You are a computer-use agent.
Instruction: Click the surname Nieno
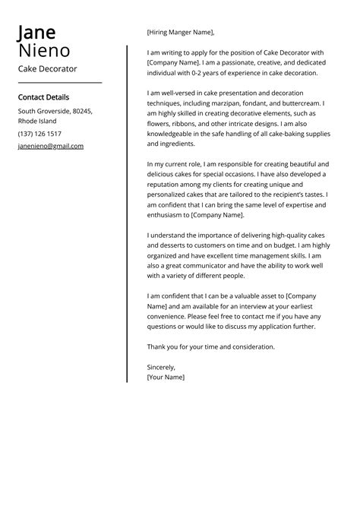click(44, 52)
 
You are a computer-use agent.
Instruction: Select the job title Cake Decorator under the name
click(47, 68)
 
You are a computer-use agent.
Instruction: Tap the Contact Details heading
click(43, 97)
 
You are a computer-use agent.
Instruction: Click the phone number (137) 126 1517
click(40, 134)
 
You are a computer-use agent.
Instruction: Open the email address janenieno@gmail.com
click(51, 146)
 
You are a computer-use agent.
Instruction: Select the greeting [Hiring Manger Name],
click(181, 33)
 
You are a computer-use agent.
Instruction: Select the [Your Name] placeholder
click(166, 376)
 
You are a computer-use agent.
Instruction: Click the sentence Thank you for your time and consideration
click(210, 346)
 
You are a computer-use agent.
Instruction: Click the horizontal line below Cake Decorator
click(59, 82)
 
